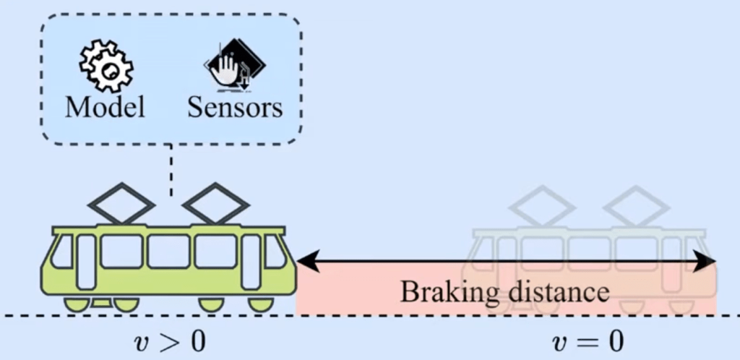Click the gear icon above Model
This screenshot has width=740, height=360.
[x=106, y=67]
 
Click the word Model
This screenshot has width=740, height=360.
[x=105, y=107]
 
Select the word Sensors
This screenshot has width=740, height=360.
[x=235, y=107]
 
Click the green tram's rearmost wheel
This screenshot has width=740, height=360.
[x=77, y=304]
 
